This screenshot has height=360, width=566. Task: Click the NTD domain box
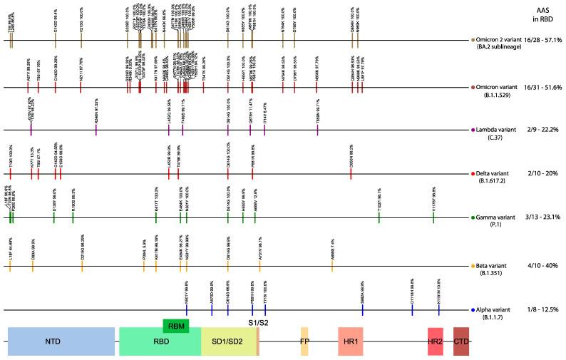(61, 341)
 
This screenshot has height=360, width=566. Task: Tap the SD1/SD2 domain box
(228, 341)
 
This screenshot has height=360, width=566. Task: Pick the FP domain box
(304, 341)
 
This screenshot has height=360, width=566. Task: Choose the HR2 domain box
(435, 341)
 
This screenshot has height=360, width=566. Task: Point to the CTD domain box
(461, 341)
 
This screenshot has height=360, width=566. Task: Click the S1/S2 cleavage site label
(257, 323)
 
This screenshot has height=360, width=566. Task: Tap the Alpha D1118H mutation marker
(412, 309)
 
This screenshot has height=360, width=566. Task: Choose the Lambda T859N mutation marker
(318, 130)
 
